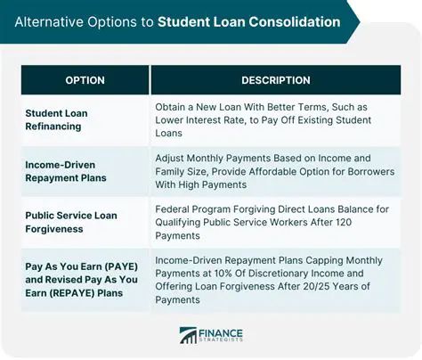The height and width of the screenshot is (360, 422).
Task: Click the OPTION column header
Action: point(85,80)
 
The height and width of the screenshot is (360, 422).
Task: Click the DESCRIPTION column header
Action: point(275,80)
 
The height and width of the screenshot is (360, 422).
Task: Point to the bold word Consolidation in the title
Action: point(284,20)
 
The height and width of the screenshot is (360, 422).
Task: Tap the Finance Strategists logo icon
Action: point(189,334)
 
